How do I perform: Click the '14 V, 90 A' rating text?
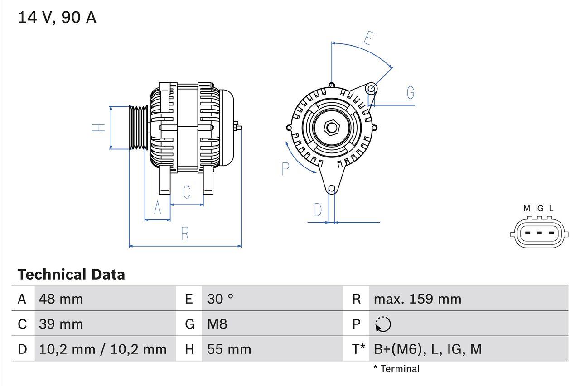click(x=57, y=18)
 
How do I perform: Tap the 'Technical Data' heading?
click(x=71, y=274)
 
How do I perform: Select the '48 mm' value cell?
click(x=61, y=299)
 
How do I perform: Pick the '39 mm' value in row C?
click(x=61, y=324)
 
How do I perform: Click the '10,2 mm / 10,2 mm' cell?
click(x=103, y=349)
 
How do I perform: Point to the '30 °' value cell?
click(x=220, y=299)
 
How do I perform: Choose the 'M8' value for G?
click(x=217, y=324)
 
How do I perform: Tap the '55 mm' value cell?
click(x=229, y=349)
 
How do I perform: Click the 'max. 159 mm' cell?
click(x=417, y=299)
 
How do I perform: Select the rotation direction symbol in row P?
click(x=383, y=324)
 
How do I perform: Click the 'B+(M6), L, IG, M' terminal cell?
click(x=428, y=349)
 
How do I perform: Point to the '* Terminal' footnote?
click(x=396, y=369)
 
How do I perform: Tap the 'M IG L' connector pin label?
click(x=538, y=209)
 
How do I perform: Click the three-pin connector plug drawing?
click(x=538, y=233)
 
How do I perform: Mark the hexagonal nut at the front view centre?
click(x=332, y=128)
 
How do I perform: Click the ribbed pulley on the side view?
click(x=138, y=128)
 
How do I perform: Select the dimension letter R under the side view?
click(x=185, y=234)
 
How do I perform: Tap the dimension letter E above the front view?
click(x=368, y=39)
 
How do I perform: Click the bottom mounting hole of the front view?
click(x=332, y=189)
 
